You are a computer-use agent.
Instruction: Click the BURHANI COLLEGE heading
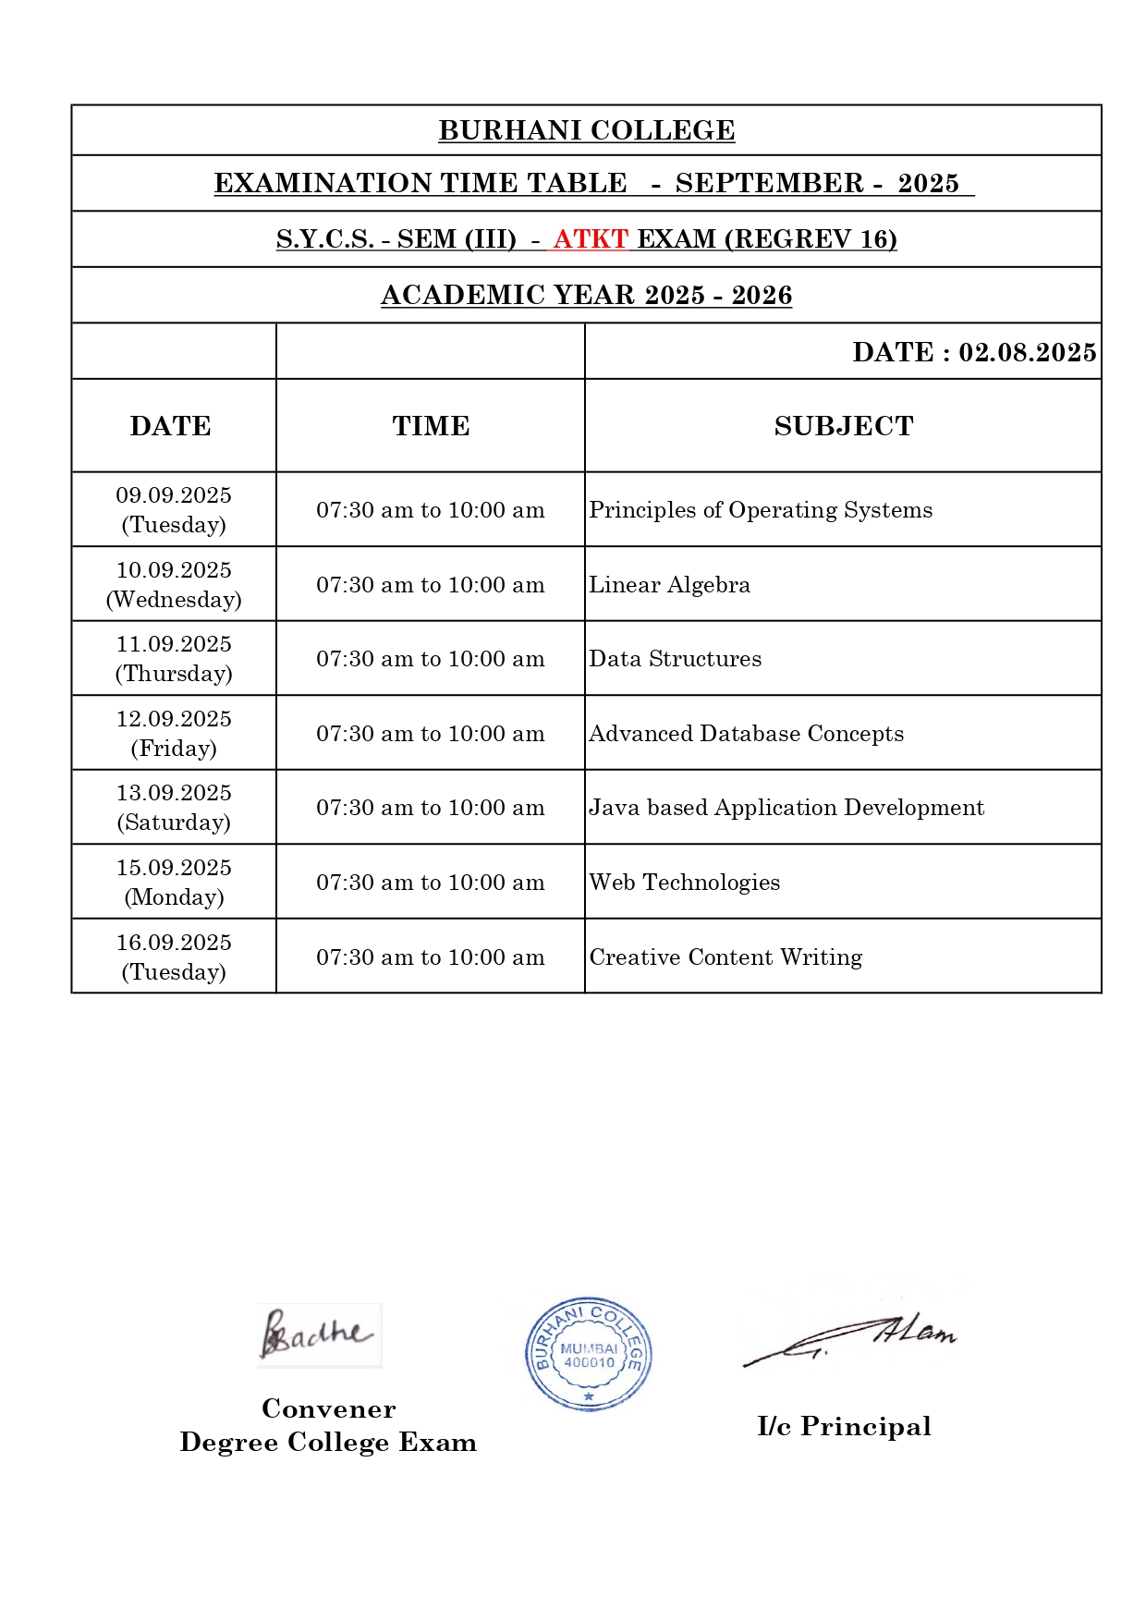(x=586, y=131)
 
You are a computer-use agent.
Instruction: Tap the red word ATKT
(x=591, y=239)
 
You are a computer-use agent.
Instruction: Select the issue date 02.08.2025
(x=1027, y=352)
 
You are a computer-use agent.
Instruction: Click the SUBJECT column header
(x=843, y=426)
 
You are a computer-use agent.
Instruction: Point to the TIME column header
(x=431, y=426)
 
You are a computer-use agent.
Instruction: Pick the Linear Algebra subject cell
(x=670, y=585)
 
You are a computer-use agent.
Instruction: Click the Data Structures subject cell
(x=676, y=659)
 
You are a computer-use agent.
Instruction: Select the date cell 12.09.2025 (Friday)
(x=174, y=733)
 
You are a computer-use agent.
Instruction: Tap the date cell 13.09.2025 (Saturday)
(x=174, y=808)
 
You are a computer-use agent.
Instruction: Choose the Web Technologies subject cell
(x=685, y=883)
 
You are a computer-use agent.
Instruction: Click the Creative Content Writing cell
(x=725, y=957)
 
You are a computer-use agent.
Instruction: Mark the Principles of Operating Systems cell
(x=761, y=510)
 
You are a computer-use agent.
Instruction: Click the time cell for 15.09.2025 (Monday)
(x=431, y=883)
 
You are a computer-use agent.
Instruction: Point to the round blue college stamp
(x=589, y=1353)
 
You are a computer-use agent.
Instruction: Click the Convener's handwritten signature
(x=317, y=1335)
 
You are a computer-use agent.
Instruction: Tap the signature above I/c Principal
(x=850, y=1338)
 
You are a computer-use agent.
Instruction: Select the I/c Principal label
(x=844, y=1426)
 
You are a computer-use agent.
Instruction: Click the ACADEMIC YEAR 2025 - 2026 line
(x=586, y=296)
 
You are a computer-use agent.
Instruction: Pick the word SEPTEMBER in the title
(x=769, y=183)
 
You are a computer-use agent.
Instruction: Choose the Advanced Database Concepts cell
(x=747, y=734)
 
